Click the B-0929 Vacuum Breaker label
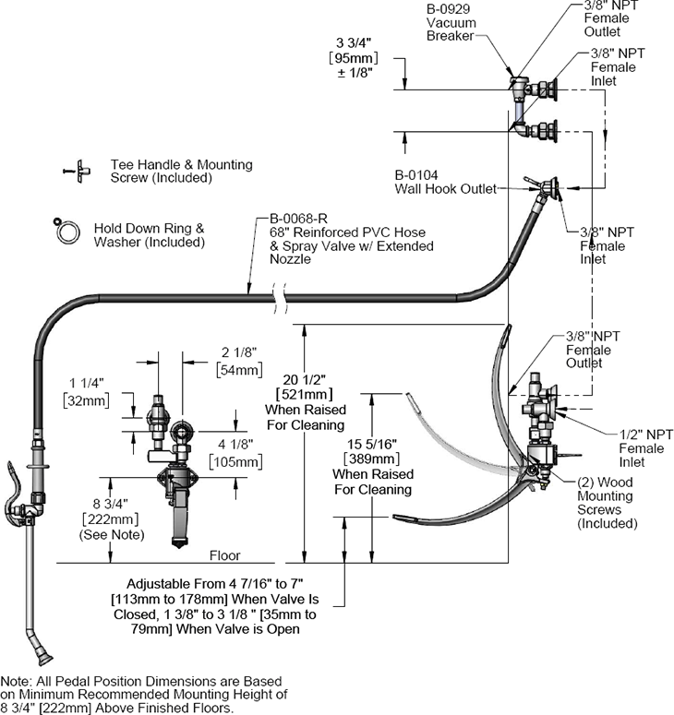pos(451,22)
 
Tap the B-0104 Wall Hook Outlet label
pos(445,182)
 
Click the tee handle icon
pos(78,171)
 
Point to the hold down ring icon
pos(66,232)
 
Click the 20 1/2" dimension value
pos(305,379)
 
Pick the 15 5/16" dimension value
pos(372,444)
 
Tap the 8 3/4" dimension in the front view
pos(111,504)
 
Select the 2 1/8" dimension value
pos(239,352)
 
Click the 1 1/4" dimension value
pos(87,383)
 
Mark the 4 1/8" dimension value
pos(235,444)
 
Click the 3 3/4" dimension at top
pos(354,42)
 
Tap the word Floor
pos(224,555)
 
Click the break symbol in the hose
pos(280,298)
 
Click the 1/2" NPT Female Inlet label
pos(645,448)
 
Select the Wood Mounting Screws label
pos(607,503)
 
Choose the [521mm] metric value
pos(305,394)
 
